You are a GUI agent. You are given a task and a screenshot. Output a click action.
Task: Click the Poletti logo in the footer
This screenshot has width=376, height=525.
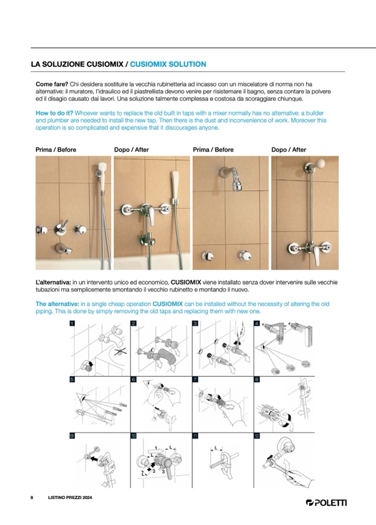point(326,502)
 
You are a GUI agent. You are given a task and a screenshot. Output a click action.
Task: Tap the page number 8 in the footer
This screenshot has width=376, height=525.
point(32,499)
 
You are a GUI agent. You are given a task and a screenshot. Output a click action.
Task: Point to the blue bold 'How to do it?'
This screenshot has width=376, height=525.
point(54,113)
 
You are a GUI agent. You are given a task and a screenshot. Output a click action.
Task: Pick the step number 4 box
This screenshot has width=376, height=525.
point(257,323)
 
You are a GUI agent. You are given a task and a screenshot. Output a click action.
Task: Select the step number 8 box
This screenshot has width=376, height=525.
point(257,379)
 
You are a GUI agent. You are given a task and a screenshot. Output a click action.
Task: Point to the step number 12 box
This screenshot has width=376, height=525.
point(257,435)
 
